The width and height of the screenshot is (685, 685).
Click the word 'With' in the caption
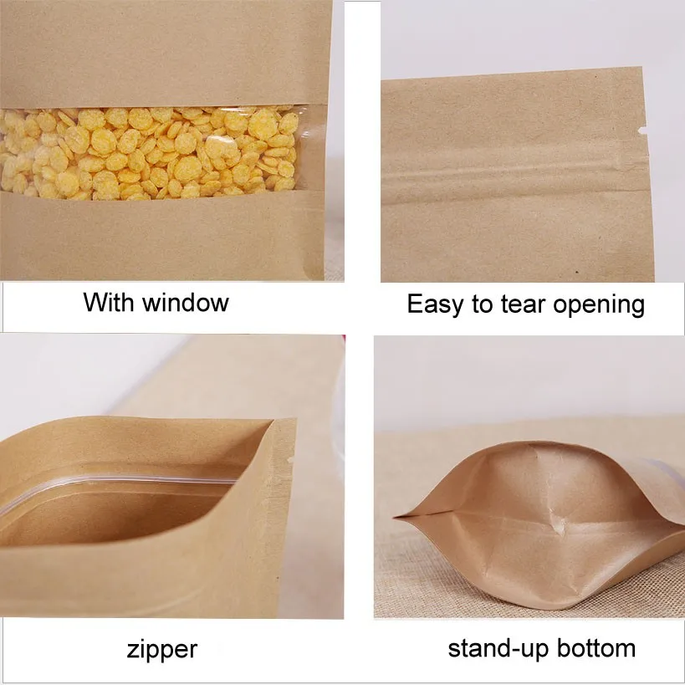(x=109, y=301)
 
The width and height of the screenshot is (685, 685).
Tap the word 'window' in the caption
(x=185, y=301)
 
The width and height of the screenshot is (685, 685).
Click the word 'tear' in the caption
(x=530, y=304)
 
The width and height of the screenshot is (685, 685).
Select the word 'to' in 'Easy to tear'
(x=483, y=305)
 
